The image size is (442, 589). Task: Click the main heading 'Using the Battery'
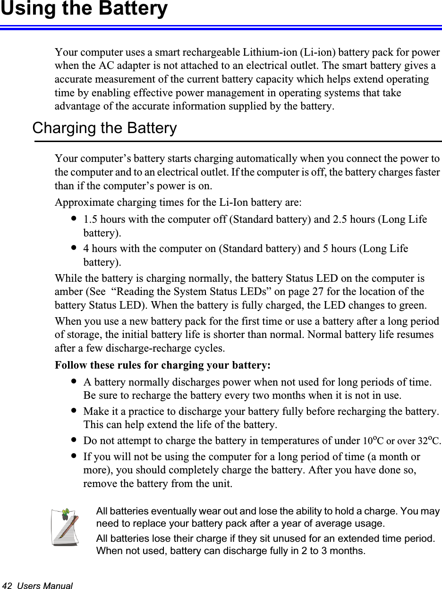(84, 9)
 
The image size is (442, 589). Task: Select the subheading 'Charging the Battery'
(104, 128)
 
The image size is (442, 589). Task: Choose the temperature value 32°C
(429, 441)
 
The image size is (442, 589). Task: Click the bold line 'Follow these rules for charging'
(163, 365)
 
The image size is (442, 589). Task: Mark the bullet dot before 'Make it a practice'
(73, 411)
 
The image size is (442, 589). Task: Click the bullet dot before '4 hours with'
(73, 248)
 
